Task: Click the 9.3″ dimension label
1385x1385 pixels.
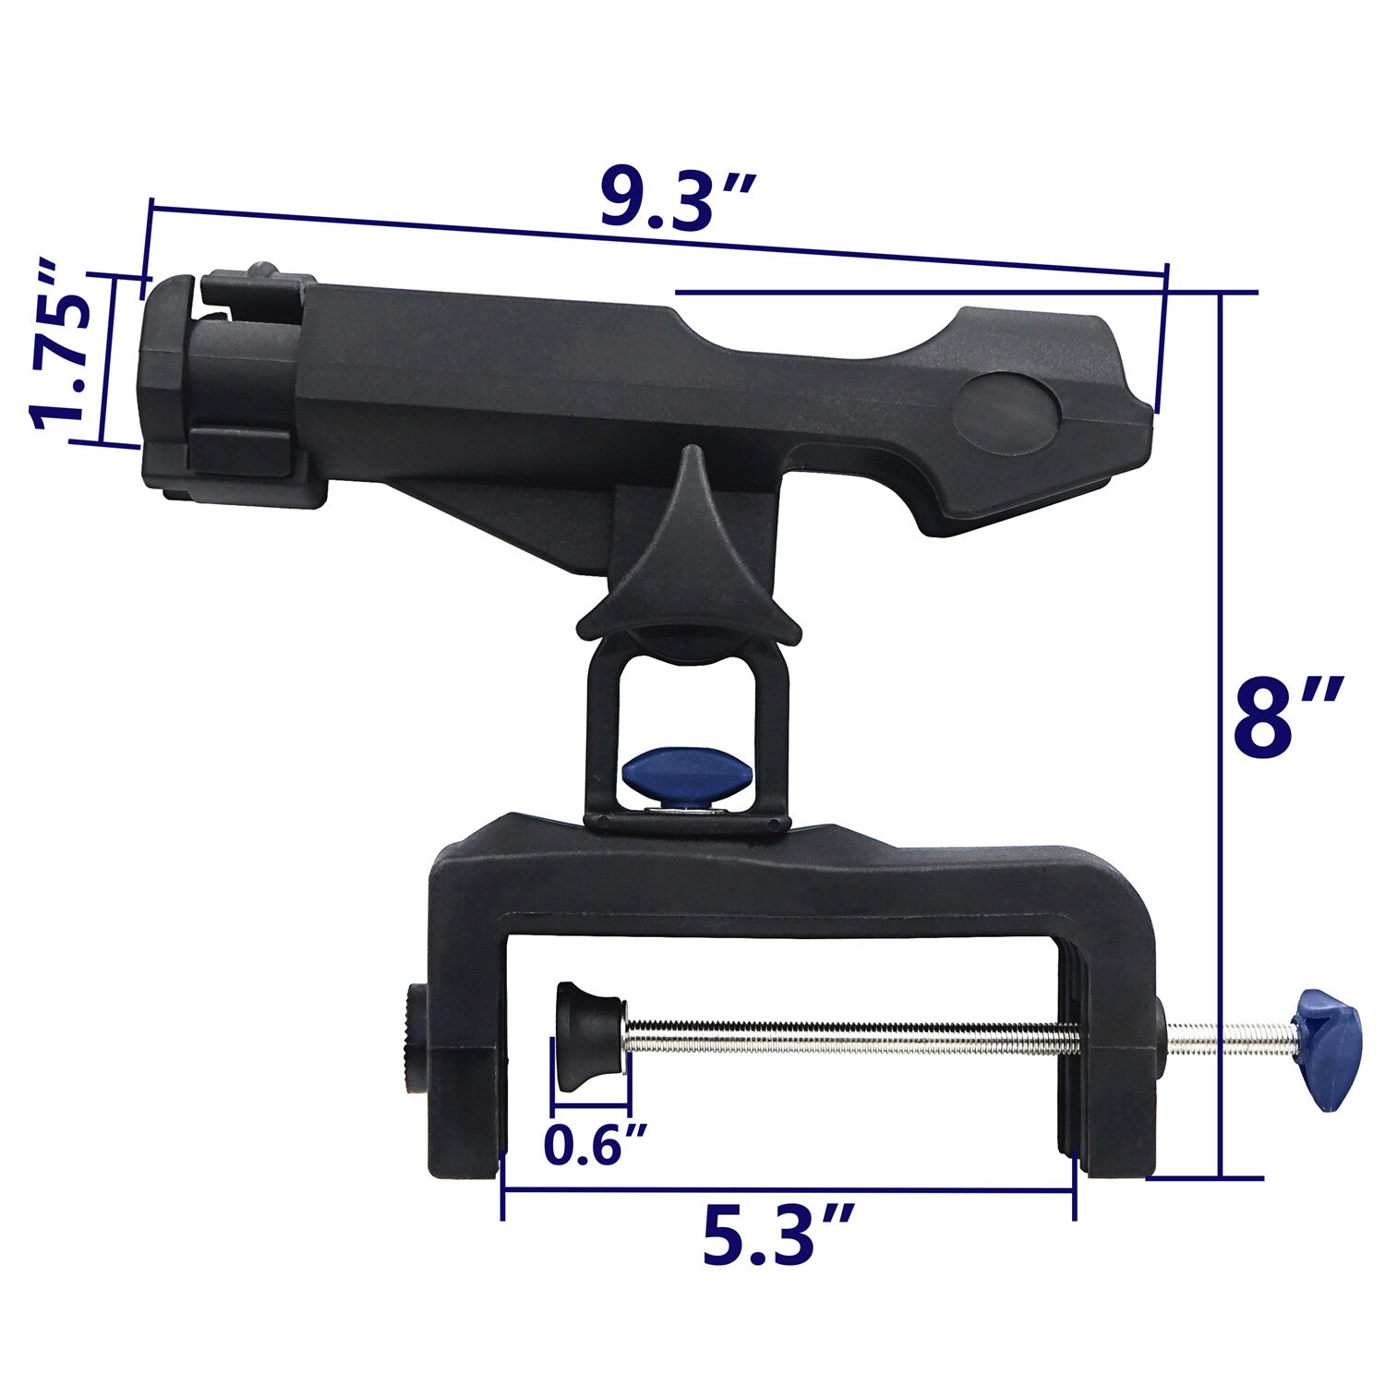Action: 679,199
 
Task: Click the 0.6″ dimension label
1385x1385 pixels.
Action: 596,1145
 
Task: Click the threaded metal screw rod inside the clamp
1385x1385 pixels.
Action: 849,1036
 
